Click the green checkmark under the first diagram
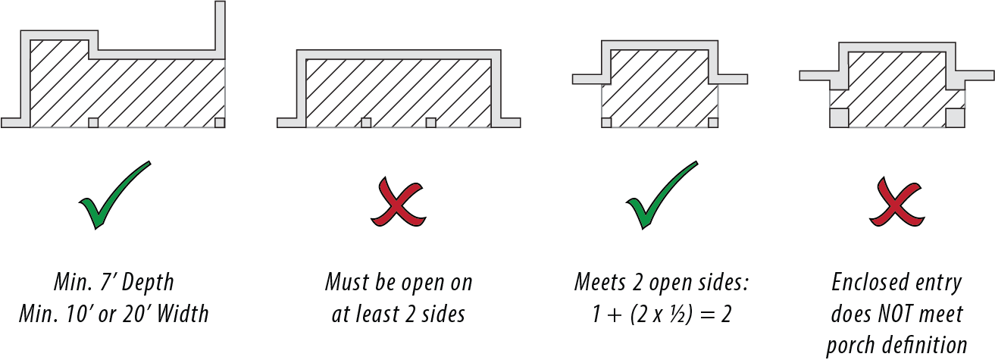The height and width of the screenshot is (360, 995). click(x=114, y=196)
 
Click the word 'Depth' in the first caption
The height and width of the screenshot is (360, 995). click(x=148, y=283)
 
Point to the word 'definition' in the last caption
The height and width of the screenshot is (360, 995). click(x=930, y=345)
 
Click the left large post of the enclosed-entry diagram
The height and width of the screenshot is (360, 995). click(x=839, y=117)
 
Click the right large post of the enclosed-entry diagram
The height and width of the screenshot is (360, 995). click(x=956, y=117)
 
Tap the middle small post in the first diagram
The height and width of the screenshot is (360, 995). click(x=93, y=123)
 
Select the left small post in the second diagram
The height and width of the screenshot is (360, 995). click(x=366, y=123)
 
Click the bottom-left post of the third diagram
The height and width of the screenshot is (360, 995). click(x=606, y=123)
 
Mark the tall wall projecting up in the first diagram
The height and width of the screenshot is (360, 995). click(x=221, y=27)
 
